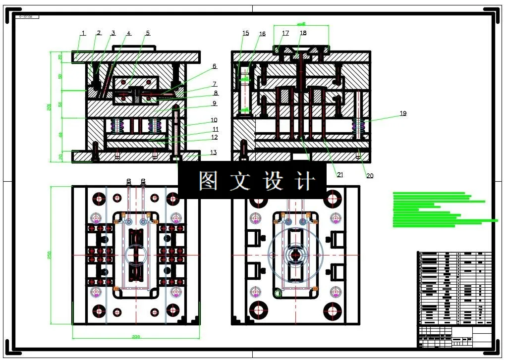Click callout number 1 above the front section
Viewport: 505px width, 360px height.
(83, 33)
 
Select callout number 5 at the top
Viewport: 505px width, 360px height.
(147, 33)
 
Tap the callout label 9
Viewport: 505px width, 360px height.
(214, 103)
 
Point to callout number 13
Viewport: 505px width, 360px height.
(213, 152)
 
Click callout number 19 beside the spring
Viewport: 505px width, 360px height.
(403, 113)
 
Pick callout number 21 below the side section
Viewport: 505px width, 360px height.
(340, 174)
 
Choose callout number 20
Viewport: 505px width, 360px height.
(370, 175)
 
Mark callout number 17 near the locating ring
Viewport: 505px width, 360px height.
(285, 33)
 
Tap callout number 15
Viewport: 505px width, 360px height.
(245, 33)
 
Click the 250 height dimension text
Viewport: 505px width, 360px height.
(49, 255)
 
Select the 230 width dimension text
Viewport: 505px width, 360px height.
(136, 337)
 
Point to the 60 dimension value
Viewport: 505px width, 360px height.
(60, 134)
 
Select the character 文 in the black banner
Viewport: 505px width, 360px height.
(240, 181)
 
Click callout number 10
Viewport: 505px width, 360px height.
(214, 120)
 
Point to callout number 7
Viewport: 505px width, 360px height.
(215, 84)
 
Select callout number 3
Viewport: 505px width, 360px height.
(113, 33)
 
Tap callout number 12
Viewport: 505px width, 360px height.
(214, 137)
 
